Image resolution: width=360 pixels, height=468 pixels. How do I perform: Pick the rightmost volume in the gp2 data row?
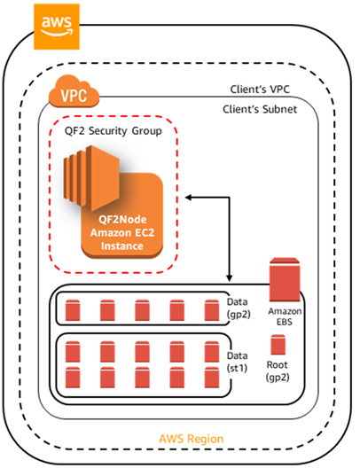coord(210,310)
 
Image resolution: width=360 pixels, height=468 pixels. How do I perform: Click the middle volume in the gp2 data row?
coord(142,310)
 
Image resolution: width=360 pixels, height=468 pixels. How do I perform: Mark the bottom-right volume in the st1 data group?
coord(210,377)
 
